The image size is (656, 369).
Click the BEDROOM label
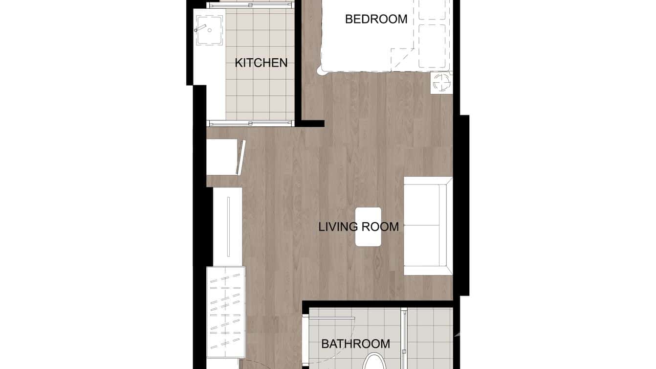[x=376, y=19]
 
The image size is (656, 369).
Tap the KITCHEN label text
[x=261, y=63]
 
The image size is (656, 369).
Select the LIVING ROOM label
[x=358, y=227]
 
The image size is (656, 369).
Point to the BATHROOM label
[x=355, y=344]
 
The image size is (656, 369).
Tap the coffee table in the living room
[x=368, y=227]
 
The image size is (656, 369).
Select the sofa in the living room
[x=427, y=226]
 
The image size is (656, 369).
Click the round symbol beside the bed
[x=442, y=82]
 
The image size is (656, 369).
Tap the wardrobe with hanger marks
[x=225, y=312]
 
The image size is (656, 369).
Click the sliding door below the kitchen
[x=250, y=123]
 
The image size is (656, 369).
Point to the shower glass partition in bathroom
[x=404, y=338]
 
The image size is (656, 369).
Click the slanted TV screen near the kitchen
[x=240, y=157]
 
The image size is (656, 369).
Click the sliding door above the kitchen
[x=250, y=5]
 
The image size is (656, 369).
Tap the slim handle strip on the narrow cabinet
[x=228, y=226]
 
